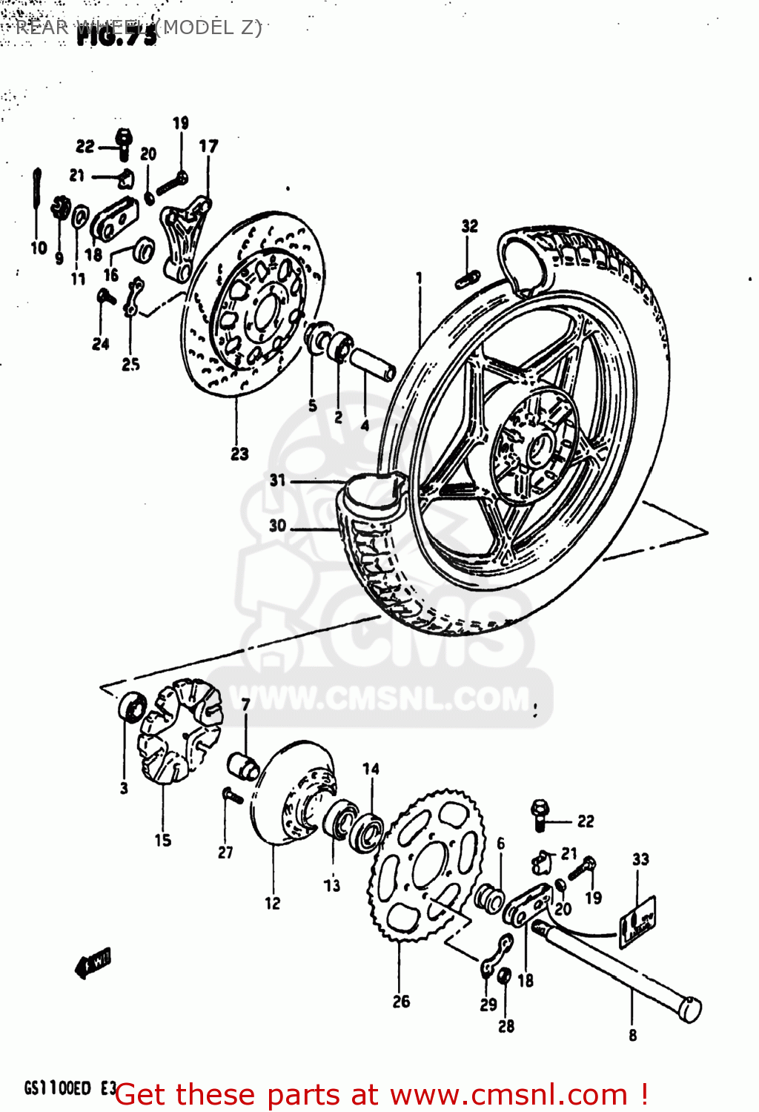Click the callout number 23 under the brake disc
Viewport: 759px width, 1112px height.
click(x=239, y=454)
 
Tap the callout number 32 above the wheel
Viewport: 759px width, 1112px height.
click(x=470, y=225)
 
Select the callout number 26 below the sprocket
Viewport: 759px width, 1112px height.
click(x=401, y=1002)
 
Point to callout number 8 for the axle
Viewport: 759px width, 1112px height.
click(x=632, y=1035)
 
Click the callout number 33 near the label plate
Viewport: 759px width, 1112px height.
click(x=640, y=859)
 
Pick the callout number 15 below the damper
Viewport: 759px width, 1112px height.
click(x=163, y=840)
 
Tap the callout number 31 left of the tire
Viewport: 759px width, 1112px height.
click(x=277, y=480)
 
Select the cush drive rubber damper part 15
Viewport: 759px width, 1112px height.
click(x=179, y=730)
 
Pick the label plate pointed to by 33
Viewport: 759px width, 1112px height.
click(x=637, y=921)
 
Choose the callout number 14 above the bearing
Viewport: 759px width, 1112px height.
click(x=371, y=769)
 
